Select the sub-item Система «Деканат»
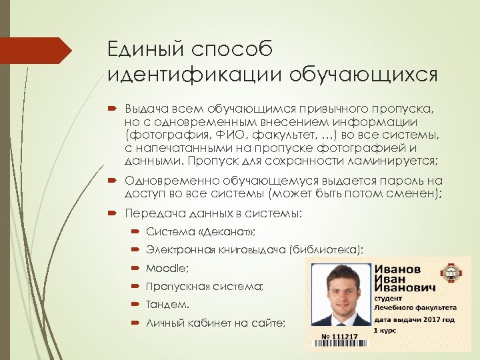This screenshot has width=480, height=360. click(201, 232)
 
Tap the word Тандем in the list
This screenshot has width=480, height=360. click(167, 305)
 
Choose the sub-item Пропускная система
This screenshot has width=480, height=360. click(205, 287)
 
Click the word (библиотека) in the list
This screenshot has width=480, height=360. click(326, 250)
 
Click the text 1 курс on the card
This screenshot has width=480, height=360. click(384, 330)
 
